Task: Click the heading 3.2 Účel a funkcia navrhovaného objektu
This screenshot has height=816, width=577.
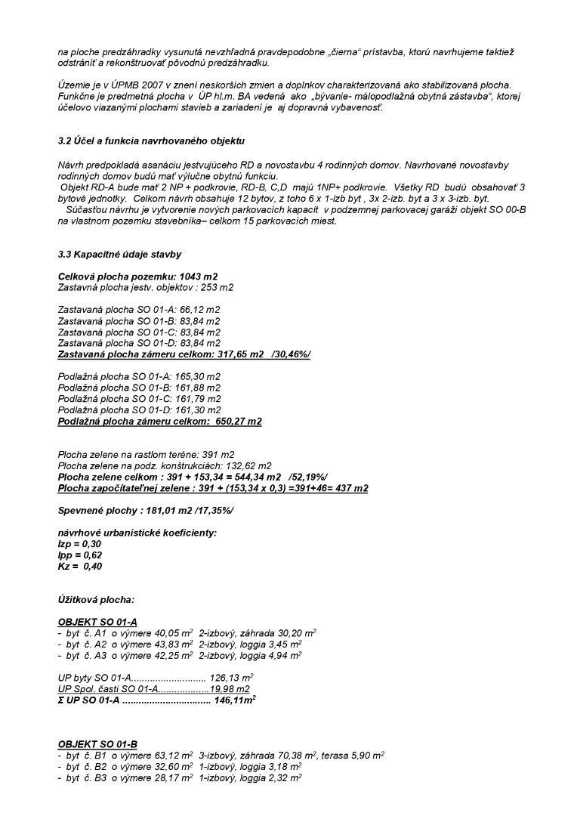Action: coord(151,141)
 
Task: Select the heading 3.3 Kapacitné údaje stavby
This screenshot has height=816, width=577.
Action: coord(119,255)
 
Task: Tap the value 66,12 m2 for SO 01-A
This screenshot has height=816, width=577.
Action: coord(202,310)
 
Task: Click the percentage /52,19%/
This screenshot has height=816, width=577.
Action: coord(308,477)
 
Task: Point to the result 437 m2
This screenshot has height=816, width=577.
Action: coord(351,488)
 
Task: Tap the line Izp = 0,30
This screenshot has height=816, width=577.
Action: coord(79,544)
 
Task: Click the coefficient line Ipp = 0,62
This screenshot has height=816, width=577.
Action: coord(80,555)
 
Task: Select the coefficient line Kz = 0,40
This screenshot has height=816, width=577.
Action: coord(80,566)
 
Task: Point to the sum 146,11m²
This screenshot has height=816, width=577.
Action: coord(235,700)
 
